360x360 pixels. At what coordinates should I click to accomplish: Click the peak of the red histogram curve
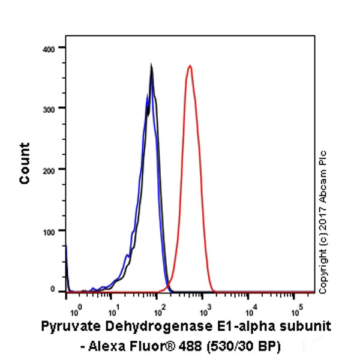tap(190, 66)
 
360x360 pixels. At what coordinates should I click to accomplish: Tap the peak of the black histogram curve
tap(151, 66)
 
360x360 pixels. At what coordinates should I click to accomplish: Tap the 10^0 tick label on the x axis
tap(75, 311)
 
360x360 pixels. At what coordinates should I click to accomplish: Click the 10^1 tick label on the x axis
tap(113, 311)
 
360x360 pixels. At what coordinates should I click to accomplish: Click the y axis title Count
tap(25, 163)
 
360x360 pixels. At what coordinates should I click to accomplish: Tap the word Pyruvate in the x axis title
tap(67, 328)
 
